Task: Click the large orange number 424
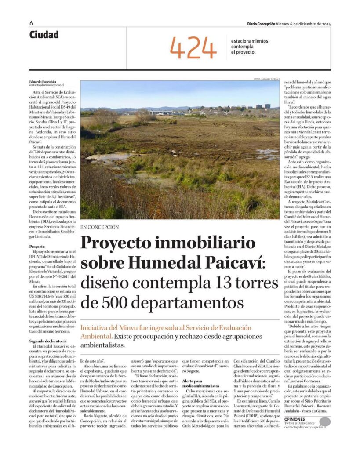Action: click(x=193, y=47)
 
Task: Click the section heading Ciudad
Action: click(x=44, y=35)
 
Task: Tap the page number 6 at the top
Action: click(x=31, y=23)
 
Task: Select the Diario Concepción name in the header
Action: click(x=261, y=24)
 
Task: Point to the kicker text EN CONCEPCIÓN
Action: click(x=100, y=227)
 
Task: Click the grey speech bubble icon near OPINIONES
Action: click(x=324, y=423)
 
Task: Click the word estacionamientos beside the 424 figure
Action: click(x=249, y=41)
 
